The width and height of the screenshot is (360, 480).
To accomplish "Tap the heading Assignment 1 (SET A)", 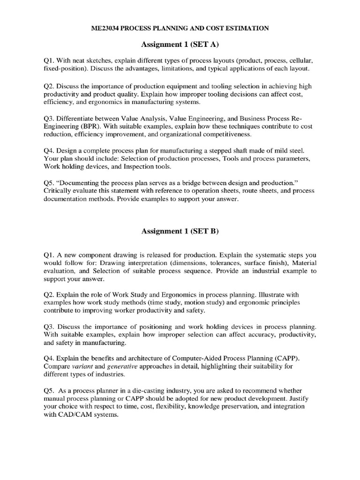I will (180, 45).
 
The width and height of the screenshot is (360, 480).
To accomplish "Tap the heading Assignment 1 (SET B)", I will (180, 231).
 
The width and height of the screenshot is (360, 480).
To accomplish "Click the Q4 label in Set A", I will (49, 150).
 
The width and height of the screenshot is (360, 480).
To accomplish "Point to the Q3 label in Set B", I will (49, 326).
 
